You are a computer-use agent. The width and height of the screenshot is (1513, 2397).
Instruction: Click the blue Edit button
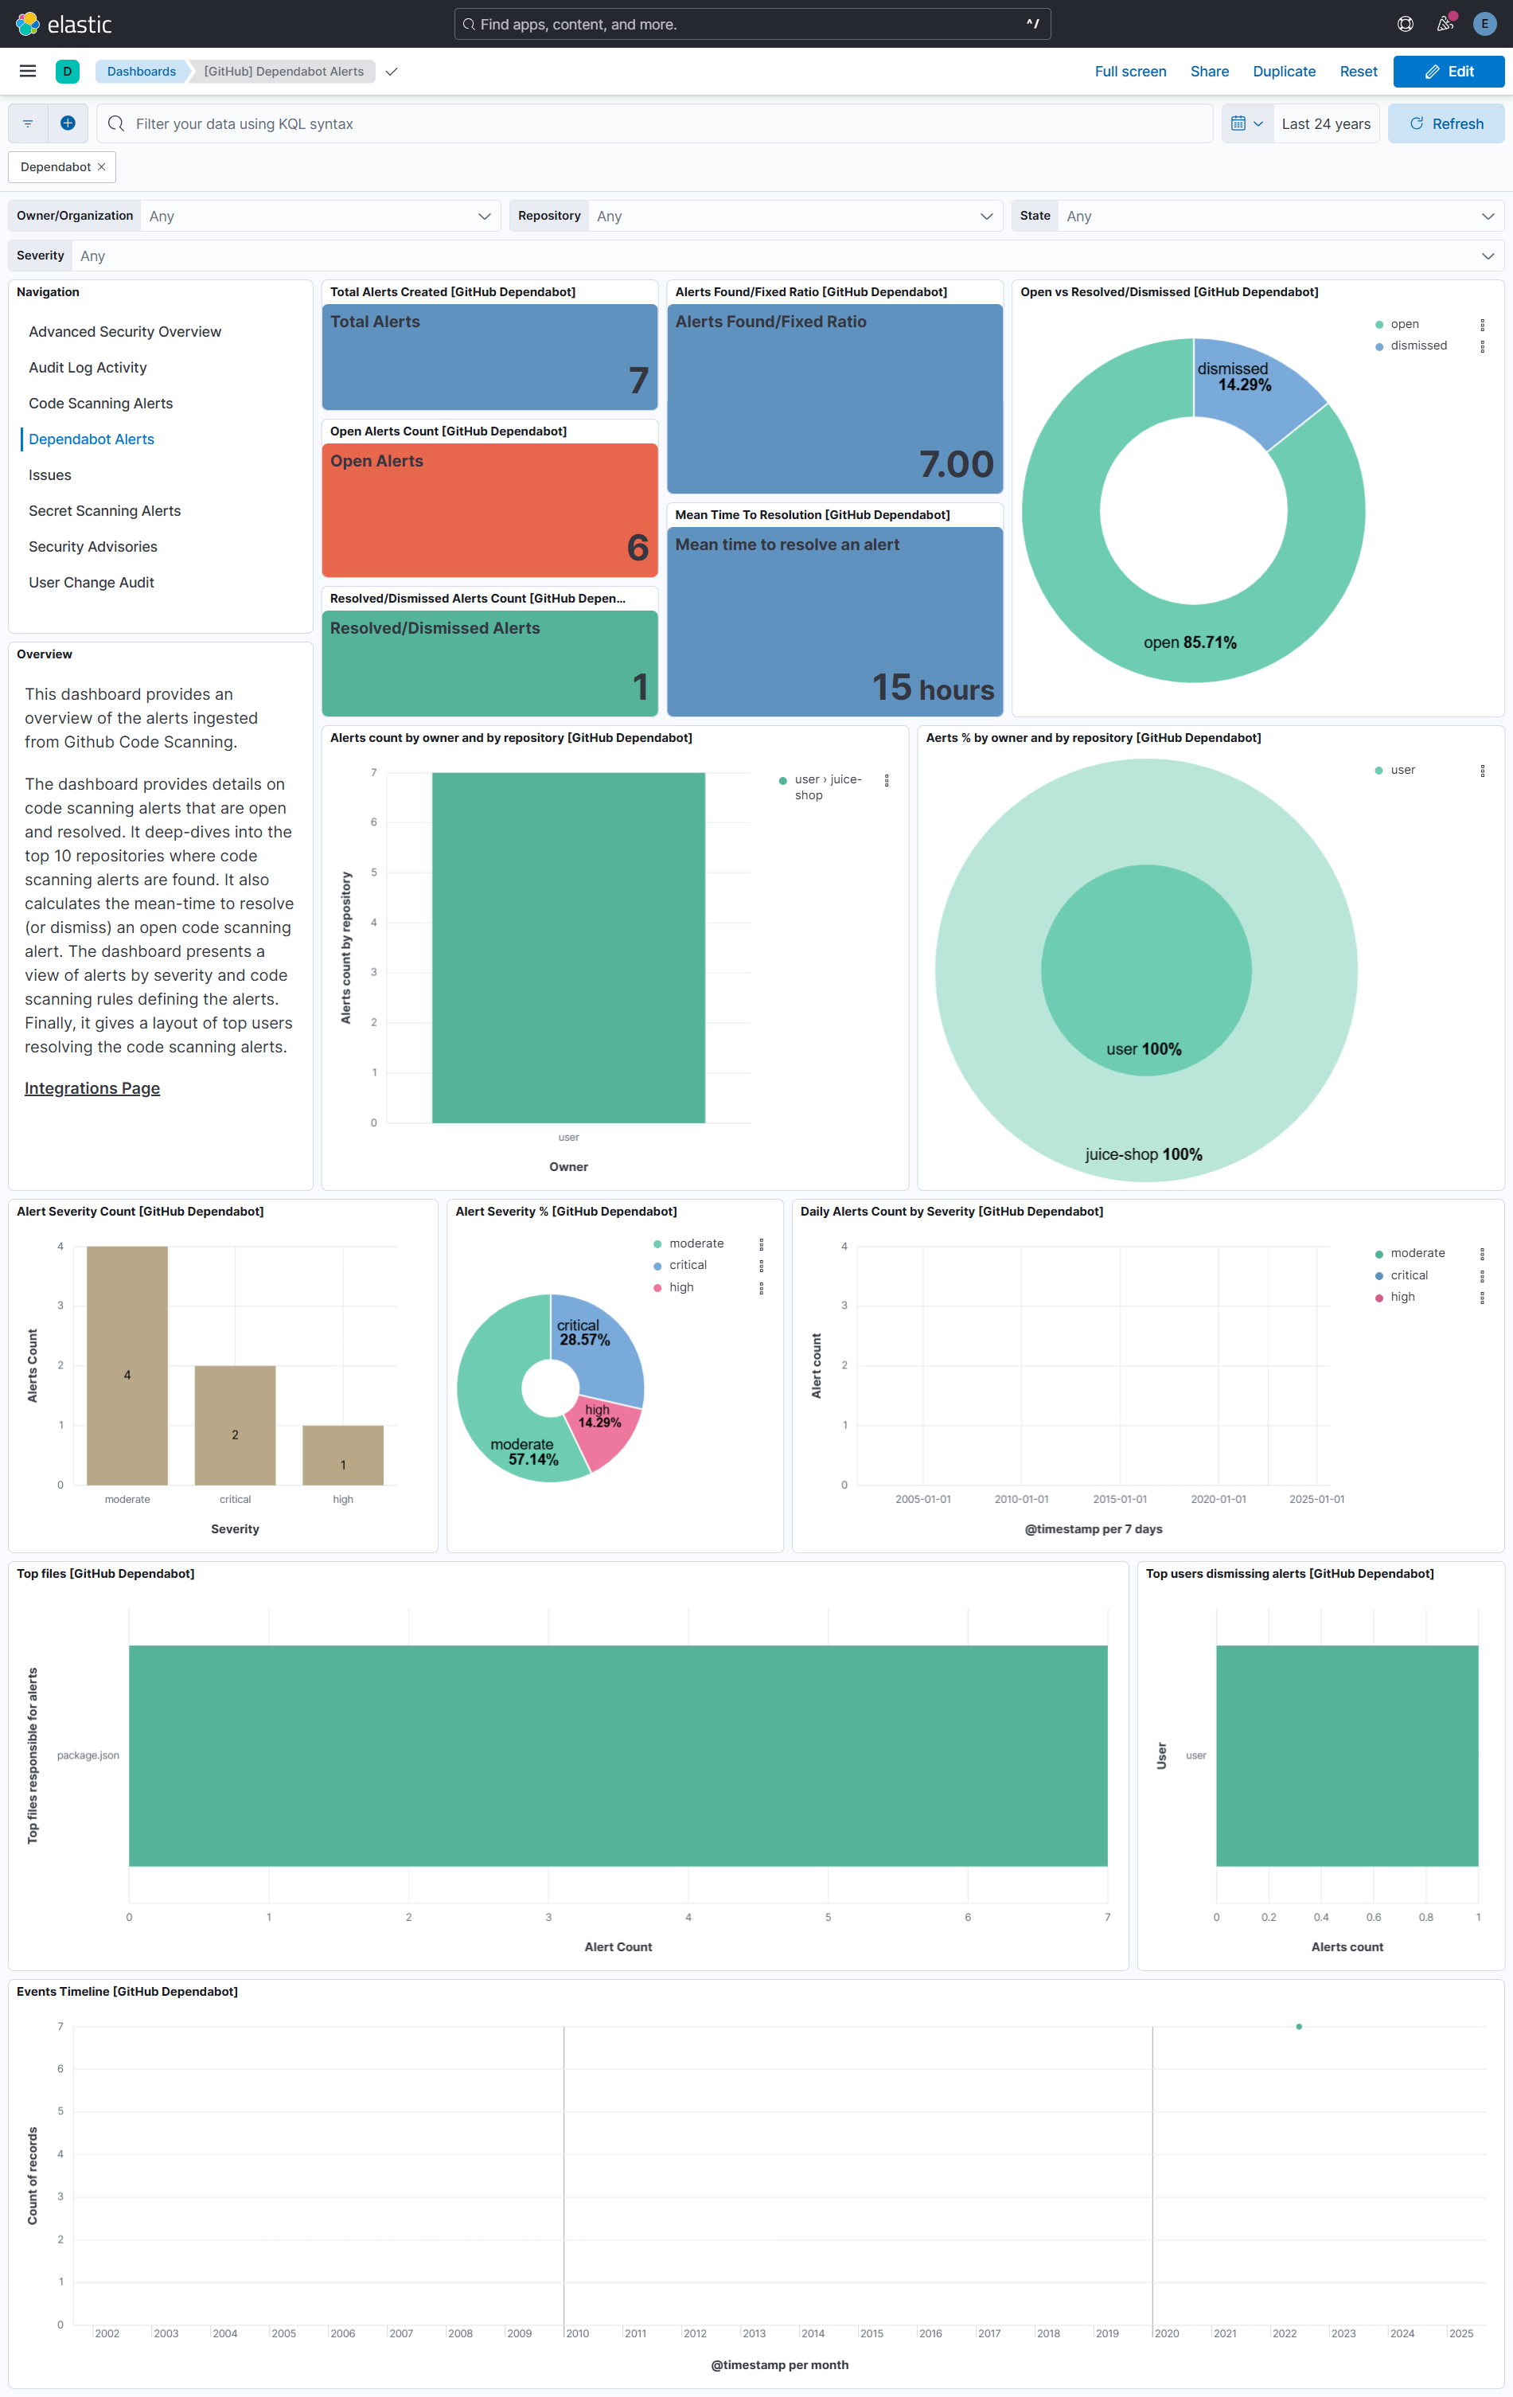[x=1449, y=72]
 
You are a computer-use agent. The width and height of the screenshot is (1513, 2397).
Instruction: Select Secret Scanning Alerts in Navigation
[x=104, y=510]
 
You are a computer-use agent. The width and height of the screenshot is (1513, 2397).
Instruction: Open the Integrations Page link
[x=92, y=1088]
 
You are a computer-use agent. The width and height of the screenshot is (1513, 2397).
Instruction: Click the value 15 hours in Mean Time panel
[x=933, y=688]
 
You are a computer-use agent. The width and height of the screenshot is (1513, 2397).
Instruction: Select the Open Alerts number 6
[x=637, y=548]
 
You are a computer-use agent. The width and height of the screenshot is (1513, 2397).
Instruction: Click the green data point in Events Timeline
[x=1299, y=2027]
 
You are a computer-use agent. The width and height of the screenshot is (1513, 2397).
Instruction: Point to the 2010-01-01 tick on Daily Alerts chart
[x=1021, y=1499]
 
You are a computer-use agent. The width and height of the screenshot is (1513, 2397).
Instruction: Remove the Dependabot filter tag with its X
[x=102, y=167]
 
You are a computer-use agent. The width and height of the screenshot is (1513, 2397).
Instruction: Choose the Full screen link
[x=1129, y=72]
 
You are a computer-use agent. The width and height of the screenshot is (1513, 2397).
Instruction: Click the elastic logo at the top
[x=64, y=24]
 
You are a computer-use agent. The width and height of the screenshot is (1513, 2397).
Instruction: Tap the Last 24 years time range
[x=1325, y=124]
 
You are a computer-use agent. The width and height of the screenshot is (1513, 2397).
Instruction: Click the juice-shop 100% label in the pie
[x=1143, y=1154]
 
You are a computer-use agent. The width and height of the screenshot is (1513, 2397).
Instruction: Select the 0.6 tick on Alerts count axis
[x=1373, y=1917]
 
